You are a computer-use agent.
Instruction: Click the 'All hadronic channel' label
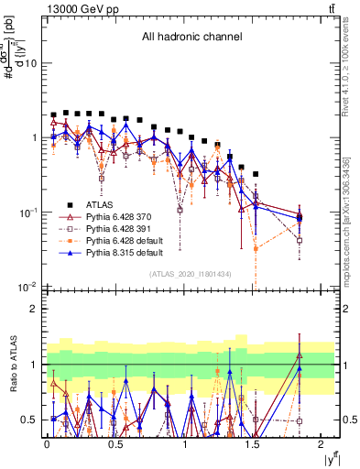click(x=191, y=37)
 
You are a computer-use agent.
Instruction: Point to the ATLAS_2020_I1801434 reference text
click(x=191, y=275)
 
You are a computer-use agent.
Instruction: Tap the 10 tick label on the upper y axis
click(x=31, y=63)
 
